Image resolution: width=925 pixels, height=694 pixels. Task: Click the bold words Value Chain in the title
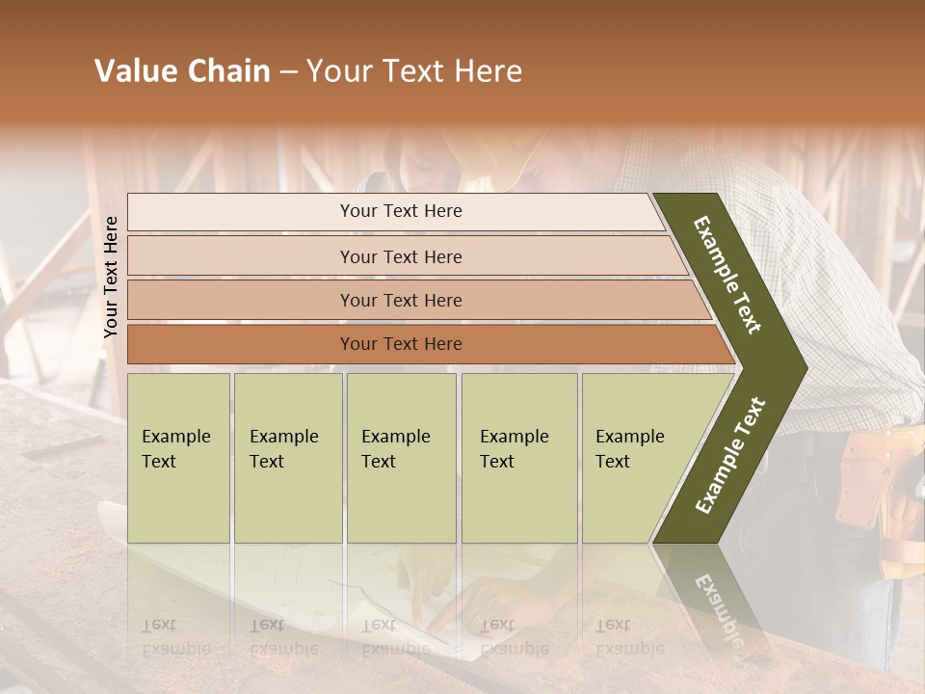click(182, 71)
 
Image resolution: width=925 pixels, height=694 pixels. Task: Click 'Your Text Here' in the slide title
click(414, 71)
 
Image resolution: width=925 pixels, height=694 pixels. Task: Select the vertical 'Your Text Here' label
click(111, 277)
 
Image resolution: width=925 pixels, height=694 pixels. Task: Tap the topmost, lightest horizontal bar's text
click(401, 211)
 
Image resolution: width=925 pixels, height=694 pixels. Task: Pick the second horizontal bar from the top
click(401, 256)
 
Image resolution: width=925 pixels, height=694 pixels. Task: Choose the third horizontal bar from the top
click(401, 300)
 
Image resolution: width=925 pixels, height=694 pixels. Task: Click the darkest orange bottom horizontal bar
click(401, 344)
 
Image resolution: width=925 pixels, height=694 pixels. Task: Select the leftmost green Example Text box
click(178, 458)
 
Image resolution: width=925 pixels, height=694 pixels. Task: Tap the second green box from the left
click(287, 458)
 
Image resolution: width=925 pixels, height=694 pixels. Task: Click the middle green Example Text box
click(401, 458)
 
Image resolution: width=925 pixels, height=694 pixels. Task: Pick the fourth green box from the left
click(518, 458)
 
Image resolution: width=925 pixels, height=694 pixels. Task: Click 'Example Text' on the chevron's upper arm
click(727, 275)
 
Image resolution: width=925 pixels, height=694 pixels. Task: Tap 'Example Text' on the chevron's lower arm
click(730, 456)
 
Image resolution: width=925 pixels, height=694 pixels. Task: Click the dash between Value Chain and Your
click(287, 72)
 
